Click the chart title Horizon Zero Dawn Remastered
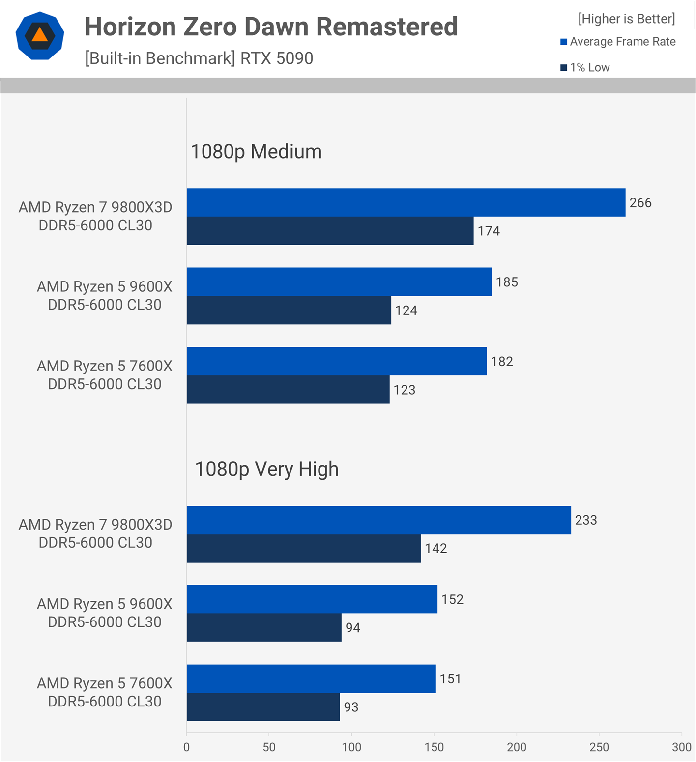pyautogui.click(x=271, y=27)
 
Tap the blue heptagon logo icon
pyautogui.click(x=40, y=36)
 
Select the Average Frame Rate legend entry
pyautogui.click(x=618, y=42)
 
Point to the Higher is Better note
pyautogui.click(x=626, y=19)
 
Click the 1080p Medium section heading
pyautogui.click(x=256, y=151)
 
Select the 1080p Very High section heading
pyautogui.click(x=266, y=469)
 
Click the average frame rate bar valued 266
pyautogui.click(x=406, y=202)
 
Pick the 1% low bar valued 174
pyautogui.click(x=330, y=231)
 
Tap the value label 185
pyautogui.click(x=507, y=282)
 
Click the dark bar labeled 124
pyautogui.click(x=289, y=310)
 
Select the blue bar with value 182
pyautogui.click(x=336, y=362)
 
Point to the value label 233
pyautogui.click(x=586, y=520)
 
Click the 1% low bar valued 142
pyautogui.click(x=303, y=548)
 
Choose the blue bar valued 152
pyautogui.click(x=312, y=599)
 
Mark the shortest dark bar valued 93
pyautogui.click(x=263, y=707)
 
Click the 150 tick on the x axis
pyautogui.click(x=434, y=747)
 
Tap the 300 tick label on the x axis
pyautogui.click(x=681, y=747)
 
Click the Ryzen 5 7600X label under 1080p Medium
pyautogui.click(x=104, y=375)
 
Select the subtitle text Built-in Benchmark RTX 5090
pyautogui.click(x=199, y=58)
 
